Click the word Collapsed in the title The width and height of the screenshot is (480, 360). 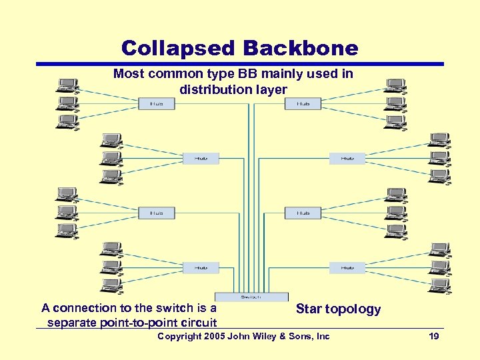[x=179, y=48]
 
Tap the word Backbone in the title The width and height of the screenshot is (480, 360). [x=301, y=48]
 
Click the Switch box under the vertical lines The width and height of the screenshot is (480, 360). [x=251, y=297]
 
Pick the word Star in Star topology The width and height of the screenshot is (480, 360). [x=309, y=309]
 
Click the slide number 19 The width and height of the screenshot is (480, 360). [x=433, y=337]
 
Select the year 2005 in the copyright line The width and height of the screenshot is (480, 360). [x=213, y=337]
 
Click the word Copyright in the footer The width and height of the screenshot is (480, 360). [x=178, y=337]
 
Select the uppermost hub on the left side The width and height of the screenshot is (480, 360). [x=157, y=103]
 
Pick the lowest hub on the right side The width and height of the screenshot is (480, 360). [x=347, y=267]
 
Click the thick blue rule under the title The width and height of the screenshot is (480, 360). [x=240, y=64]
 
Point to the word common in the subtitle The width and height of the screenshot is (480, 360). [x=169, y=74]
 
